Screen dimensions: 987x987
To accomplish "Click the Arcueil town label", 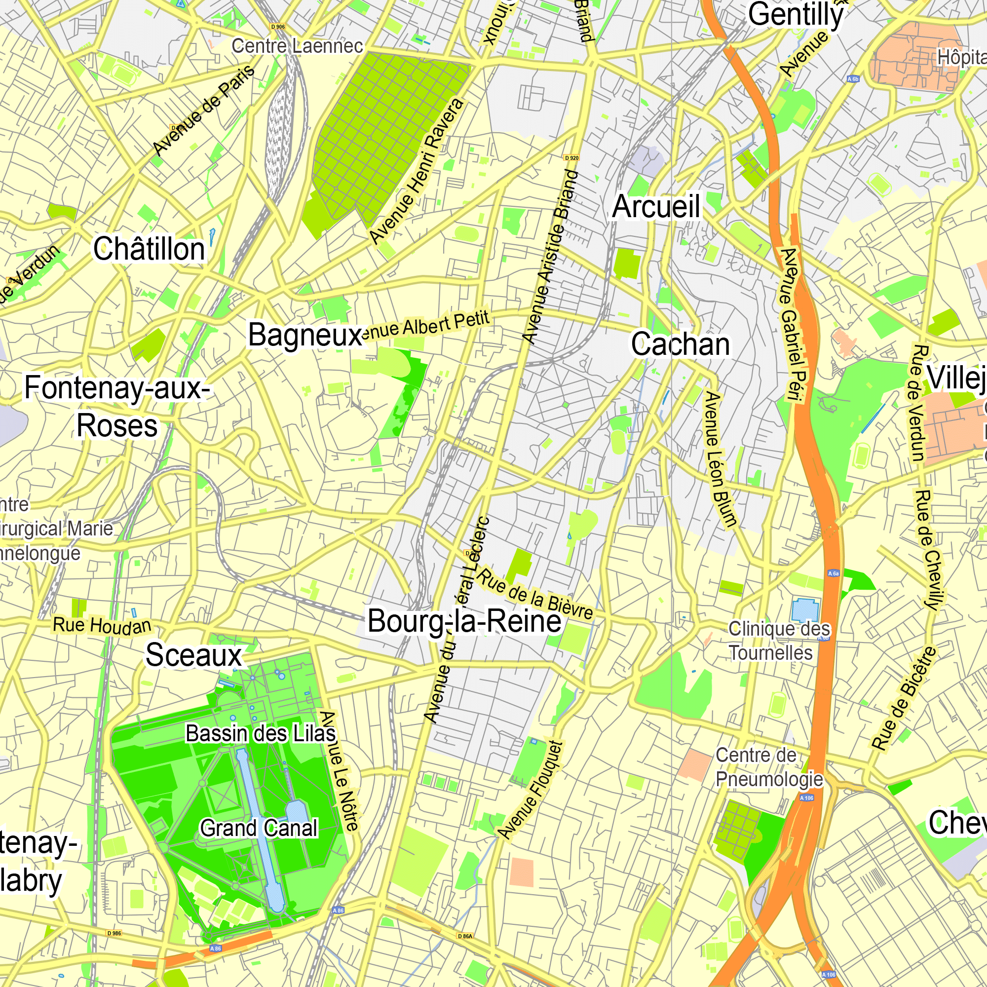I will (x=656, y=206).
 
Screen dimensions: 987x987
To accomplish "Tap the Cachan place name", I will (x=680, y=344).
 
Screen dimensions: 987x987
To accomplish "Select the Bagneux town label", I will (x=304, y=335).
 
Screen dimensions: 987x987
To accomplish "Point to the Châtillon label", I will (x=149, y=249).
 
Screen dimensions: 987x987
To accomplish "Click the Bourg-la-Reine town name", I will (x=464, y=621).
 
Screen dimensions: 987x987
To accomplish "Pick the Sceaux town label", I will (x=193, y=655).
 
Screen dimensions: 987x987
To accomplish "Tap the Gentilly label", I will (x=796, y=14).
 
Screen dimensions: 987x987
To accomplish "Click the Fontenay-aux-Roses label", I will (x=117, y=407).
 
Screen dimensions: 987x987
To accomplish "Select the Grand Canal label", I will (x=259, y=828).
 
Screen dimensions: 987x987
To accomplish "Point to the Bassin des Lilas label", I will (x=261, y=734).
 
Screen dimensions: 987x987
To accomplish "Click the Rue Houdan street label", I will (x=102, y=625).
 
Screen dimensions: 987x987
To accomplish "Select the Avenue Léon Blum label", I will (x=721, y=459).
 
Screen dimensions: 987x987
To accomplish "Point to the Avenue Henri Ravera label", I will (x=417, y=171).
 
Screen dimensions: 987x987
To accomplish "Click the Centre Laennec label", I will (x=297, y=46).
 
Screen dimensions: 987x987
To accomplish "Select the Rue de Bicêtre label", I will (x=904, y=699).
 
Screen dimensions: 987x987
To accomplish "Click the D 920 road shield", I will (x=571, y=158).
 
